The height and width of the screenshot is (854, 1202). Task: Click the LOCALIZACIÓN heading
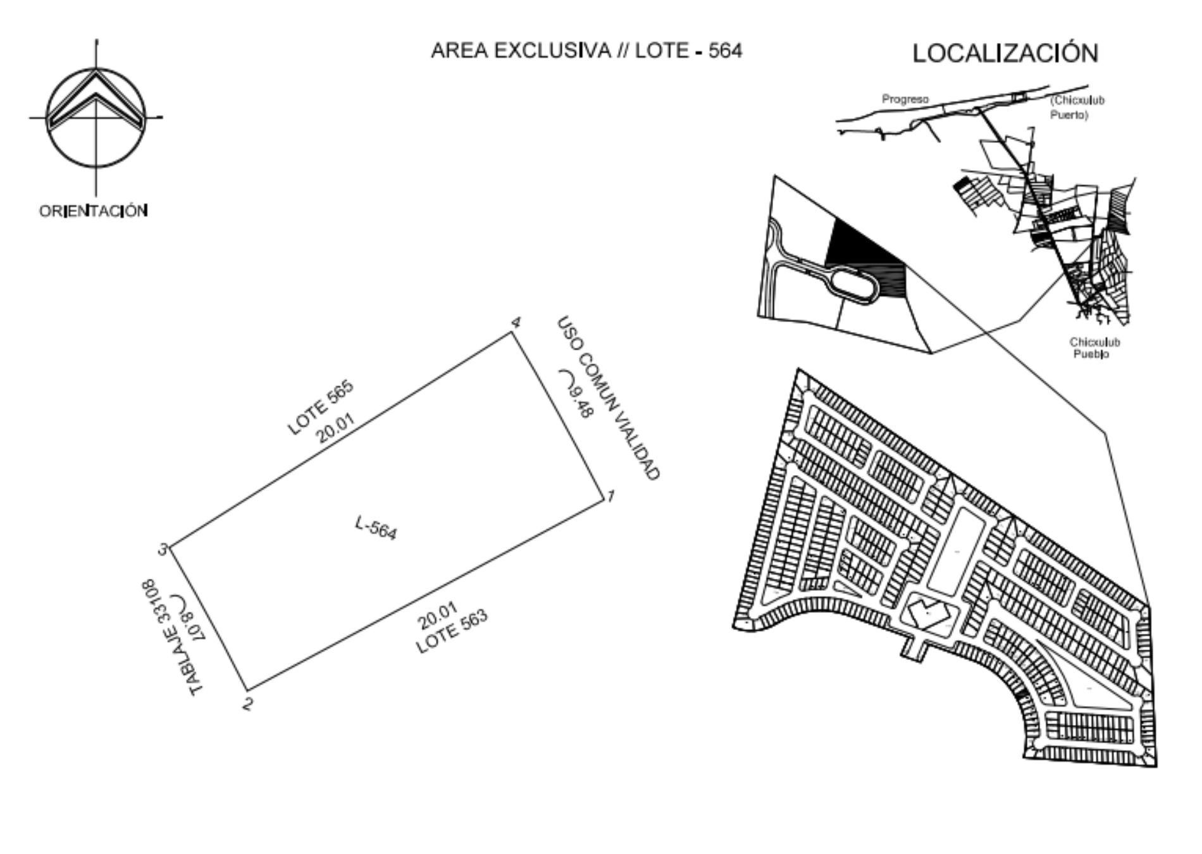(x=1005, y=53)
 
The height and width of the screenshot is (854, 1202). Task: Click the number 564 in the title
(x=725, y=51)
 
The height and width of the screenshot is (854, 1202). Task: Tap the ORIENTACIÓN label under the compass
(x=94, y=211)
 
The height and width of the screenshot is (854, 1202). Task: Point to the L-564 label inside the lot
(x=376, y=528)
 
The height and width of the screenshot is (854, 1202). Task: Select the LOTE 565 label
(x=320, y=407)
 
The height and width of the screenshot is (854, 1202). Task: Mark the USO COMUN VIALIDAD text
(x=609, y=399)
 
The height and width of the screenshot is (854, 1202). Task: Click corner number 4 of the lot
(x=516, y=323)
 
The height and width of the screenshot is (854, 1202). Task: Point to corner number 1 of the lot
(x=611, y=497)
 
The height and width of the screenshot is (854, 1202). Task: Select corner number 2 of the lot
(x=248, y=703)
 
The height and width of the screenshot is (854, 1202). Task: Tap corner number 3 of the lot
(x=163, y=550)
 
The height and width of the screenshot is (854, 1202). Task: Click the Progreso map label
(x=905, y=99)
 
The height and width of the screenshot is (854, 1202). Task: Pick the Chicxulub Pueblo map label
(x=1094, y=348)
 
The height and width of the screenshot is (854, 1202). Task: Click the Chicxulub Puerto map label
(x=1077, y=108)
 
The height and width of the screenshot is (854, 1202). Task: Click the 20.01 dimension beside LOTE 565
(x=335, y=428)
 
